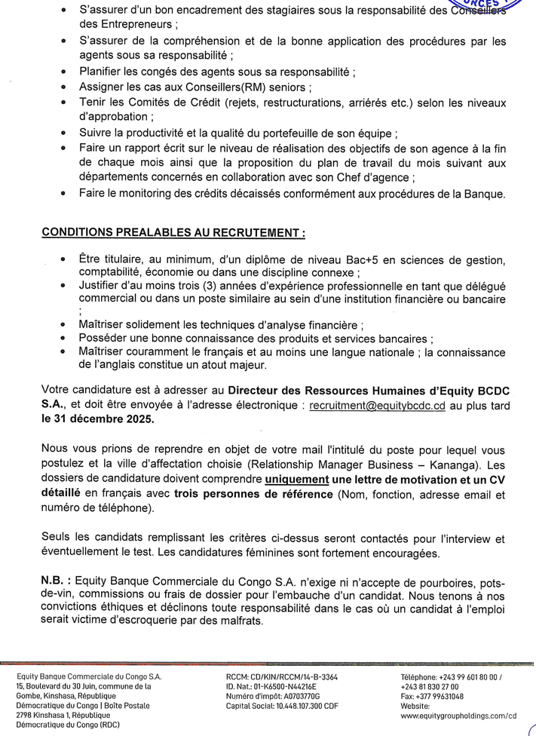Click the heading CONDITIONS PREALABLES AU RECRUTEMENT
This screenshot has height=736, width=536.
pos(173,233)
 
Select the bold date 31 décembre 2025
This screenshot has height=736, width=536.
pos(105,419)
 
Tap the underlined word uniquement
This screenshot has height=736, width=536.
pos(296,480)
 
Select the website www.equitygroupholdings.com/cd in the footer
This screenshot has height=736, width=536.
pos(458,716)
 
